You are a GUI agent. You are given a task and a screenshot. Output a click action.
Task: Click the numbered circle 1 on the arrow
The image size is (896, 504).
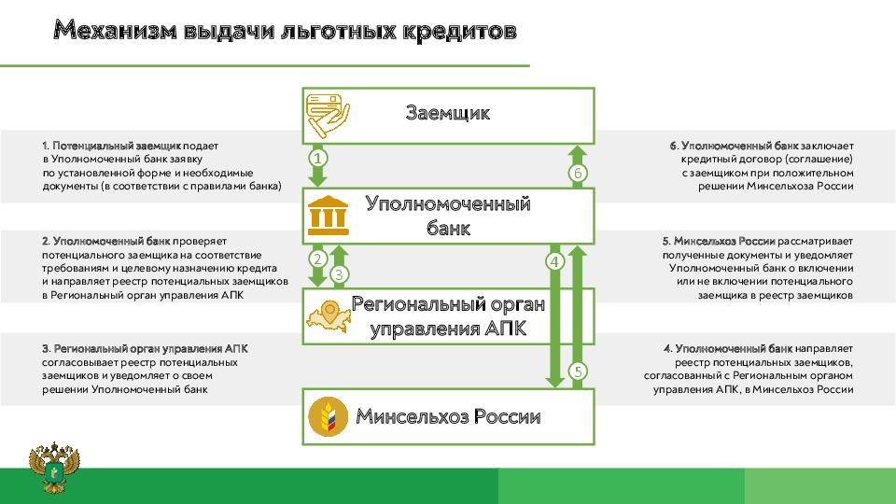pyautogui.click(x=317, y=159)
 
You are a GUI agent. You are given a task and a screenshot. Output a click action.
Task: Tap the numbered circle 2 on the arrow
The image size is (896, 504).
pyautogui.click(x=317, y=259)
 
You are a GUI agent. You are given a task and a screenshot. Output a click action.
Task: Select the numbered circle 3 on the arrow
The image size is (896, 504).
pyautogui.click(x=340, y=273)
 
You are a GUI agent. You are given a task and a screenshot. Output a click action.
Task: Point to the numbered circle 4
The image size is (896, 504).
pyautogui.click(x=555, y=262)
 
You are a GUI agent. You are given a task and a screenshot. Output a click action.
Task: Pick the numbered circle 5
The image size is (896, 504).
pyautogui.click(x=578, y=371)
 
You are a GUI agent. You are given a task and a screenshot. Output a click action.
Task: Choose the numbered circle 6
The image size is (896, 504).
pyautogui.click(x=578, y=174)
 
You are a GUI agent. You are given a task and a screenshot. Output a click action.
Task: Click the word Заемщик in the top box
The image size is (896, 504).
pyautogui.click(x=448, y=114)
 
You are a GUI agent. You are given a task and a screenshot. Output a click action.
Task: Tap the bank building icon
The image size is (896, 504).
pyautogui.click(x=329, y=216)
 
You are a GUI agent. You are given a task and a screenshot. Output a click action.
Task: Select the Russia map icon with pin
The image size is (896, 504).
pyautogui.click(x=328, y=315)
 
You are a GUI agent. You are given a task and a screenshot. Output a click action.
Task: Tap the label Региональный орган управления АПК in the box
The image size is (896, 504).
pyautogui.click(x=448, y=316)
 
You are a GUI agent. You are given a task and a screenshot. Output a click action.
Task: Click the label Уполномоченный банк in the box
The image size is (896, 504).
pyautogui.click(x=448, y=216)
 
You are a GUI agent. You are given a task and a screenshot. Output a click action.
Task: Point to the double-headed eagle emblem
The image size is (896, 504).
pyautogui.click(x=54, y=469)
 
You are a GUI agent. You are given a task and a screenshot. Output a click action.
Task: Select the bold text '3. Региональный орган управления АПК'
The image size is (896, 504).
pyautogui.click(x=145, y=347)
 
